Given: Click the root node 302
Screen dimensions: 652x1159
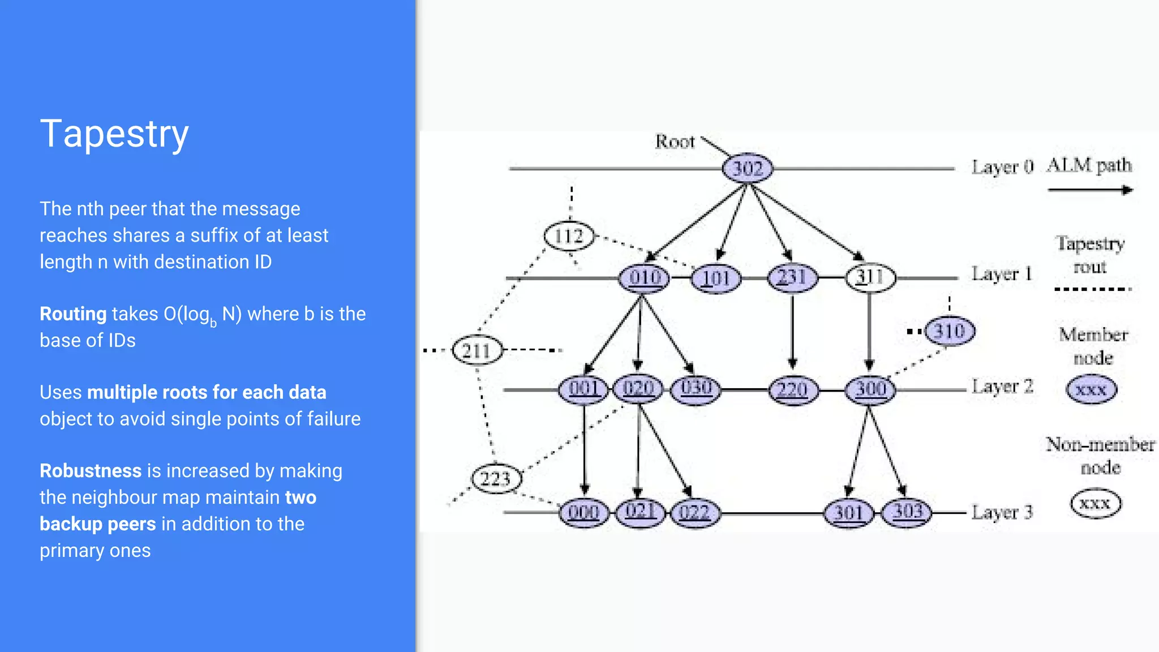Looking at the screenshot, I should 748,168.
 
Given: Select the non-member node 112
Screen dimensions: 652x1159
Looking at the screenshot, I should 569,236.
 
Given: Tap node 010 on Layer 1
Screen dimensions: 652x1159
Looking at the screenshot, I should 645,278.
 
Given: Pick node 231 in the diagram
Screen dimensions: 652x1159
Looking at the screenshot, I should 792,277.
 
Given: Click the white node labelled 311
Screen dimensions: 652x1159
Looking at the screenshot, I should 870,277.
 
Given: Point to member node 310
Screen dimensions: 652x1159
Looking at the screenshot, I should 950,331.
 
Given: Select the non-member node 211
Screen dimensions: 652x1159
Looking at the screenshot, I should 477,351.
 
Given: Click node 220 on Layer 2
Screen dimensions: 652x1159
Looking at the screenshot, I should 792,390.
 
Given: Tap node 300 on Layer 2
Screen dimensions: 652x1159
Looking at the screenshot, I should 870,389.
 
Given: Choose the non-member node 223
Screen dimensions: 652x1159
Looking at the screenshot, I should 496,479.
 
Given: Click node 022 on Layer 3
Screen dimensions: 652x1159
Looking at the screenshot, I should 694,513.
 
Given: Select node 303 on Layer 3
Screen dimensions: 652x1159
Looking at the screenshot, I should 908,512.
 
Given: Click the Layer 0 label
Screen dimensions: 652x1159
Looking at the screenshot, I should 1002,168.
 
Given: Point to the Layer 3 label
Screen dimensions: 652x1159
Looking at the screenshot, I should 1002,513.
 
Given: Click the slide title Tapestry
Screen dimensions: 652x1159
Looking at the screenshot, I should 114,135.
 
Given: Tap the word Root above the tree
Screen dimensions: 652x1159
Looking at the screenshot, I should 675,141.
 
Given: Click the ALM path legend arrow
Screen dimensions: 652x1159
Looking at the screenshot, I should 1089,190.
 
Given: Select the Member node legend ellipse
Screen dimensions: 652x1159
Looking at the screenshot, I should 1091,390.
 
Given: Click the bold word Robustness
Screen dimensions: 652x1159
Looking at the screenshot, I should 91,471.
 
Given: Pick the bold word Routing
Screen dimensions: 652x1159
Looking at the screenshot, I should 73,314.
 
